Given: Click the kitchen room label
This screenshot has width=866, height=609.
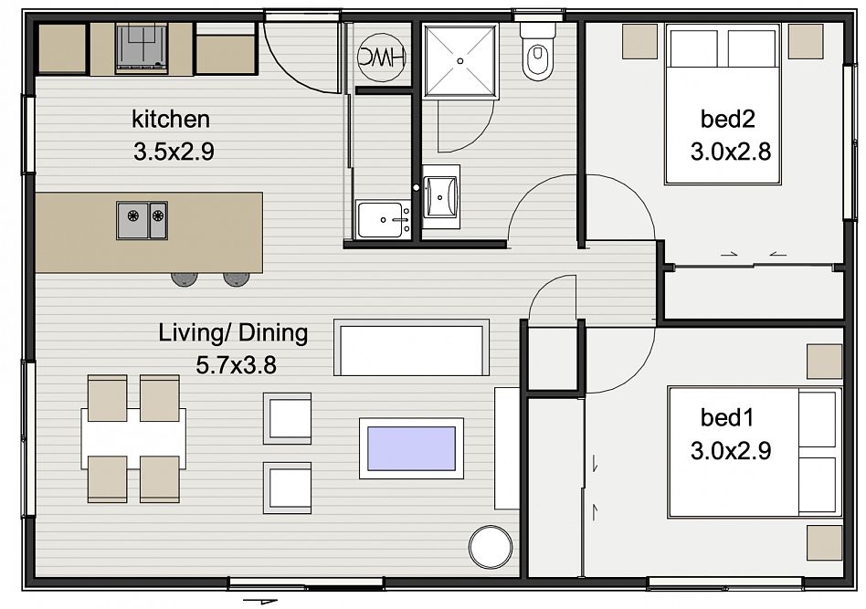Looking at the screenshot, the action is [171, 120].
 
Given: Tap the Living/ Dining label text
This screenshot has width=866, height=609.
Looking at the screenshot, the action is [233, 333].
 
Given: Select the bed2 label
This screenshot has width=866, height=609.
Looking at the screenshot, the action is [727, 119].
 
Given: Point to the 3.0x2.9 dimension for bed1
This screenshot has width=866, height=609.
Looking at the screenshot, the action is [731, 451].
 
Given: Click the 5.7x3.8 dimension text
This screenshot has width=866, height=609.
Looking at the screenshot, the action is [237, 365].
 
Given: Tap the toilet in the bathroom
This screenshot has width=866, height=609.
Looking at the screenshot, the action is [537, 52].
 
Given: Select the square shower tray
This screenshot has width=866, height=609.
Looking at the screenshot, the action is [460, 61].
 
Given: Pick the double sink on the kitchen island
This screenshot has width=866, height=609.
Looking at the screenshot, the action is [142, 220].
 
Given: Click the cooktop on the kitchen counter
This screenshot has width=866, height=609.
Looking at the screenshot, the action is [142, 48].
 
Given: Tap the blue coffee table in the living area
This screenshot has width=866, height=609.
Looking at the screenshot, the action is [411, 448].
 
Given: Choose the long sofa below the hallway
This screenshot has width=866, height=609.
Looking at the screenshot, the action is [411, 347].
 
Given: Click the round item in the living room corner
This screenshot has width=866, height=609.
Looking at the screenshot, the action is [491, 546].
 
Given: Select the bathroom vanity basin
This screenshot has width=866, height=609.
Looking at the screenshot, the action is [440, 196].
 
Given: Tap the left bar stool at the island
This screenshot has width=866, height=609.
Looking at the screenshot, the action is [184, 278].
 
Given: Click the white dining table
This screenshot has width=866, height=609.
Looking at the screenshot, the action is [133, 438].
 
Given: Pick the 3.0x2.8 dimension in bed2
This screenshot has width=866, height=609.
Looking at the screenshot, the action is [731, 152].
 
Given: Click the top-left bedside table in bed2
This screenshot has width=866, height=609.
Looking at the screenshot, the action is [640, 41].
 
